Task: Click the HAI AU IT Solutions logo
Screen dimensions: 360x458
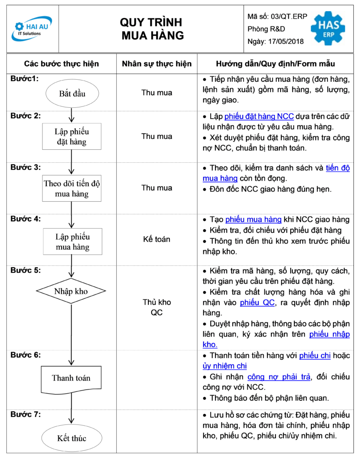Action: [32, 28]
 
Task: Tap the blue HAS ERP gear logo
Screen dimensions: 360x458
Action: [328, 28]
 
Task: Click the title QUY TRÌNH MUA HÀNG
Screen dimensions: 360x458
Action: [152, 29]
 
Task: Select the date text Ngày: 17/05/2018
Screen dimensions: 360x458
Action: [275, 42]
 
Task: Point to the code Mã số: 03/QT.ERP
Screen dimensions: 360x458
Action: [277, 17]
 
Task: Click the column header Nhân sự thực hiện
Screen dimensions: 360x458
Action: [157, 64]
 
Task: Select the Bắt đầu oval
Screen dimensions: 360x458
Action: [72, 93]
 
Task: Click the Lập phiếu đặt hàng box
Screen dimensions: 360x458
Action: [72, 136]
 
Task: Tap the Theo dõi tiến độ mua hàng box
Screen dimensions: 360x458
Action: [72, 188]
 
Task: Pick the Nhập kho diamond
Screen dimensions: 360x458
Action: [71, 291]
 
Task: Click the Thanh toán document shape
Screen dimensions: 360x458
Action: [71, 379]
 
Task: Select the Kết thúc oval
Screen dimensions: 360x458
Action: [72, 438]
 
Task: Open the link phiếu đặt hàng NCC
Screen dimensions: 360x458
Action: [259, 116]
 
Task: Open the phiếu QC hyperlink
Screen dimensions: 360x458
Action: [257, 302]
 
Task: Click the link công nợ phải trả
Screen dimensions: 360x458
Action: [279, 377]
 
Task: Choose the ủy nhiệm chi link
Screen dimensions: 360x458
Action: [224, 366]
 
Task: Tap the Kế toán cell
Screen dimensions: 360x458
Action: [157, 239]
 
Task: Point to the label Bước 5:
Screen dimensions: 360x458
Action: [25, 270]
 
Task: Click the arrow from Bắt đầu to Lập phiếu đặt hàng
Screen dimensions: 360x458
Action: [72, 115]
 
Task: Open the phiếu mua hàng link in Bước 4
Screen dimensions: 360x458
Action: [254, 219]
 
